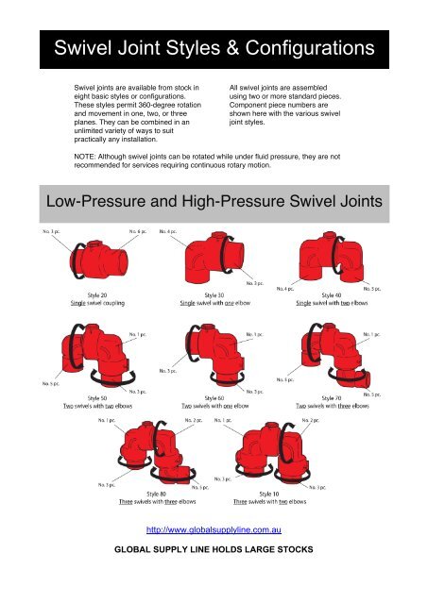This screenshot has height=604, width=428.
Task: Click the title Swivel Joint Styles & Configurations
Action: point(213,47)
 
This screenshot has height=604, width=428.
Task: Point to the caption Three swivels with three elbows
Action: point(156,503)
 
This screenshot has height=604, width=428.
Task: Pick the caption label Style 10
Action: point(268,494)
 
